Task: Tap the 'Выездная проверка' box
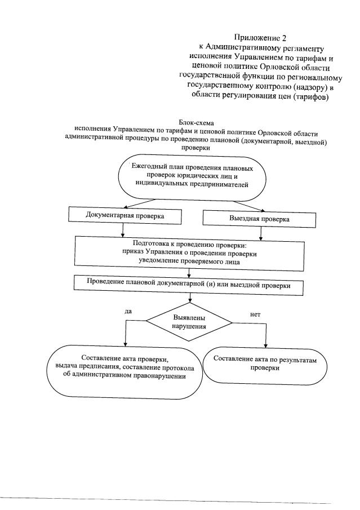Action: point(259,218)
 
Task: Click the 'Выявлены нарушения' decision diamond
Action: point(189,322)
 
